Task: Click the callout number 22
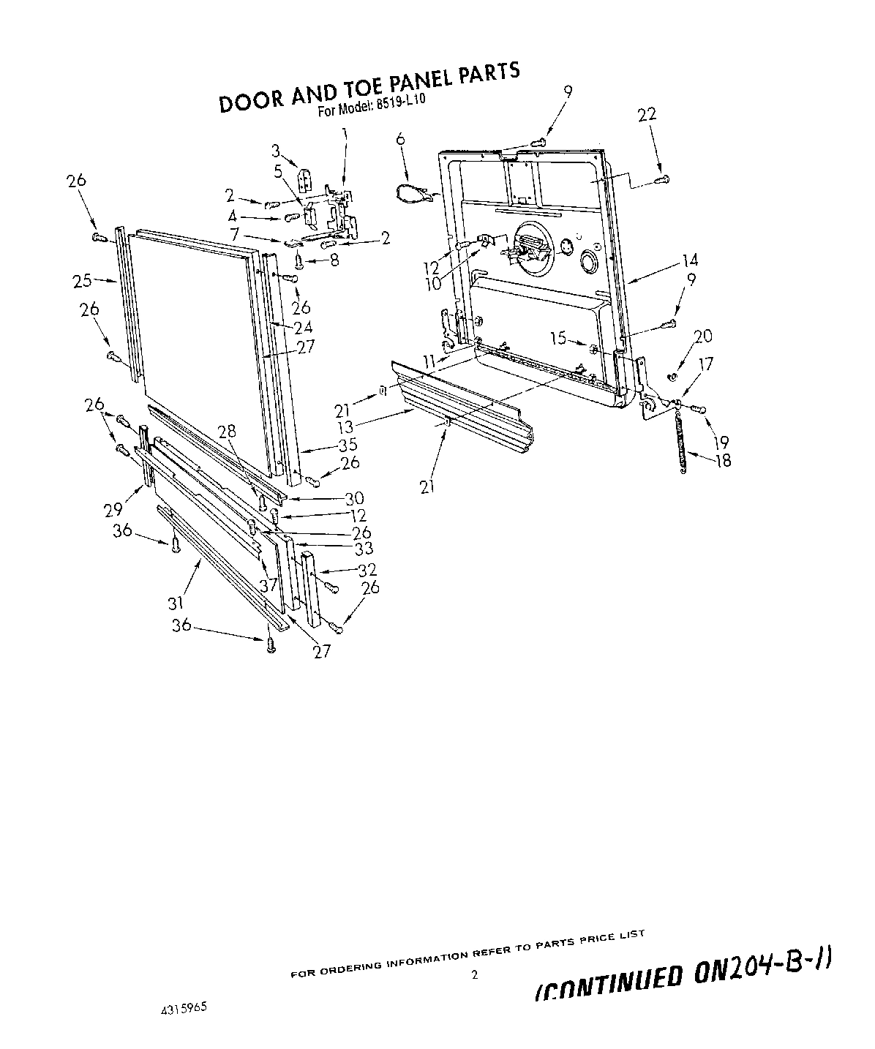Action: tap(647, 115)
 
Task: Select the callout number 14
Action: tap(690, 260)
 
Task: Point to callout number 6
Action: tap(400, 138)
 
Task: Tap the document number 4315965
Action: tap(184, 1007)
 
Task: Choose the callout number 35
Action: tap(347, 444)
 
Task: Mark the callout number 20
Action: tap(702, 336)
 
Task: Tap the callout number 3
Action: tap(275, 151)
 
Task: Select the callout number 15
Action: tap(558, 338)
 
